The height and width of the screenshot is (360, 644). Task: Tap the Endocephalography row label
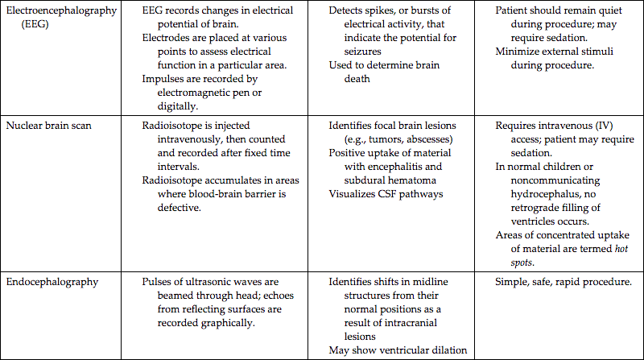[55, 281]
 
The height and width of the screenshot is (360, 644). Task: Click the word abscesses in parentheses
[428, 139]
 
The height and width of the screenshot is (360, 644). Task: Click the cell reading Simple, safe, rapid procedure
[564, 281]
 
